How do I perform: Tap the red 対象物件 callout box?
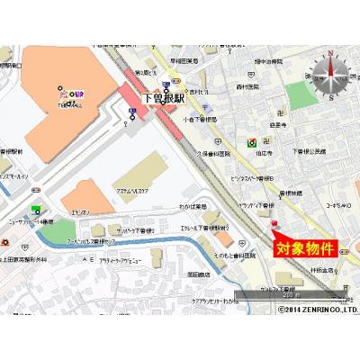coord(304,247)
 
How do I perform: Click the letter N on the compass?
coord(330,54)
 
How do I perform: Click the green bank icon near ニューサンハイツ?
coord(36,210)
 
